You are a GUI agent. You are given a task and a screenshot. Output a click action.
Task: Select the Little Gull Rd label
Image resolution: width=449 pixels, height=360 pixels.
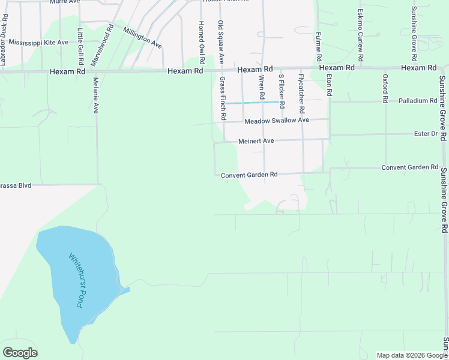[x=80, y=47]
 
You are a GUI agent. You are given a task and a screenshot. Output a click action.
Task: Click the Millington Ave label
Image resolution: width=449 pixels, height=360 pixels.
[x=142, y=37]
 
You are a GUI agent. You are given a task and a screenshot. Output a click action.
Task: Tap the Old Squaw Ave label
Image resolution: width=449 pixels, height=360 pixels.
[x=221, y=42]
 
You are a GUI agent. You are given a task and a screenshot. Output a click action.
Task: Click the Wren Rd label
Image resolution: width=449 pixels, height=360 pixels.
[x=262, y=88]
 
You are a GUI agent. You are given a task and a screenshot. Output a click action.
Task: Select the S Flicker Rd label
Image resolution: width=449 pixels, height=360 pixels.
[x=281, y=87]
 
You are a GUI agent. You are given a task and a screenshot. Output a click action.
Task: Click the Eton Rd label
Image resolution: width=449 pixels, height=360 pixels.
[x=329, y=85]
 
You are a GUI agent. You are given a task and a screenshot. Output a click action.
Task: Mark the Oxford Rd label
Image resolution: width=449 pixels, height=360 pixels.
[x=385, y=87]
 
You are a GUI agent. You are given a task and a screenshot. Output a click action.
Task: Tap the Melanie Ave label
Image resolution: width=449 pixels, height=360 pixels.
[x=96, y=96]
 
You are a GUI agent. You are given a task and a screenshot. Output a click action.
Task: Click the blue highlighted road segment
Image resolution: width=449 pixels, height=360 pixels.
[x=252, y=103]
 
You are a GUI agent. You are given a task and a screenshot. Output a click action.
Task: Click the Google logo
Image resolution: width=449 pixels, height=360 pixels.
[x=20, y=353]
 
